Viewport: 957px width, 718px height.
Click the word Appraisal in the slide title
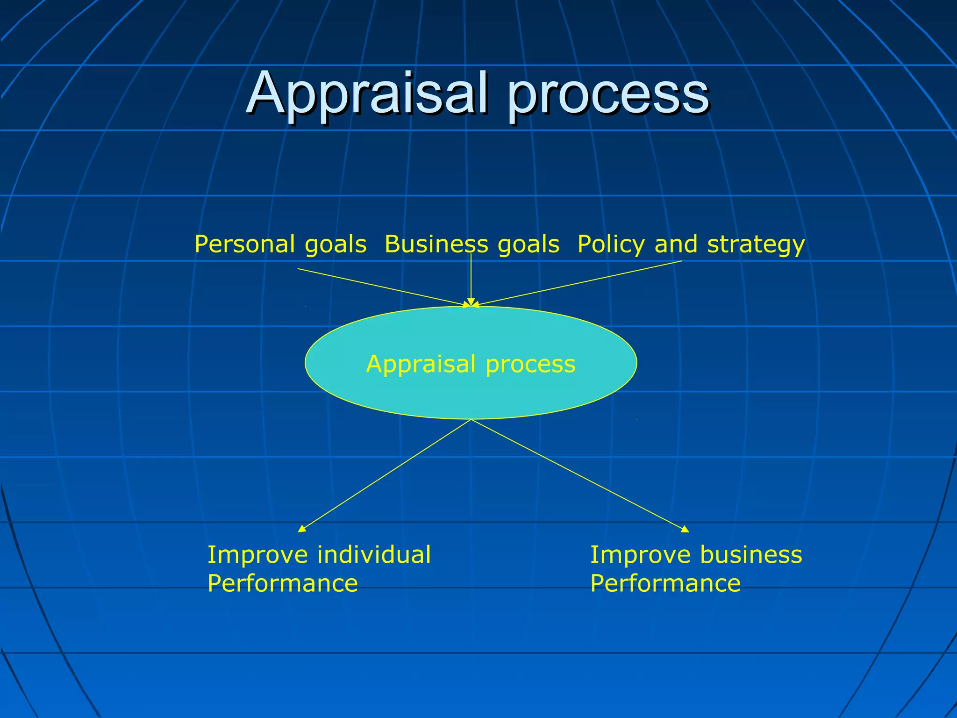coord(369,93)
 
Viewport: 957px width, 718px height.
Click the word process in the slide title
coord(607,96)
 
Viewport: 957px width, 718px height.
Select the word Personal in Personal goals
coord(245,244)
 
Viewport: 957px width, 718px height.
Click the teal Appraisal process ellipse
coord(471,393)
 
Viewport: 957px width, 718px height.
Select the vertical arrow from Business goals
coord(471,280)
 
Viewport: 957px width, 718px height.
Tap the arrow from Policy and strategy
coord(579,283)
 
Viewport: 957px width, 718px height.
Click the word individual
coord(374,555)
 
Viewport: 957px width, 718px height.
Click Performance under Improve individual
coord(283,583)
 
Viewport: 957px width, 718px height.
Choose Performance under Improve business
coord(665,583)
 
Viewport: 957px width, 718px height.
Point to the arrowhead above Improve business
coord(685,530)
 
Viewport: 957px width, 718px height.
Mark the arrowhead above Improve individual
coord(302,529)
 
